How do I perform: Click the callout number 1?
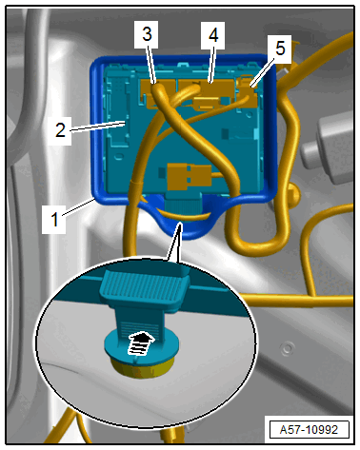tap(54, 219)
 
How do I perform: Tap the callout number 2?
tap(60, 129)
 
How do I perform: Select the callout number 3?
tap(147, 34)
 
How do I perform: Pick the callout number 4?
tap(213, 35)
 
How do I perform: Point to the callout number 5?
tap(280, 49)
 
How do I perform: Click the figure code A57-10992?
tap(309, 430)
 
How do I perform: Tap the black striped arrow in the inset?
tap(140, 342)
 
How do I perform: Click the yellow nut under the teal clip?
tap(143, 368)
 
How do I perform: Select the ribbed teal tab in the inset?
tap(145, 287)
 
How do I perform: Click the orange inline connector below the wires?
tap(190, 175)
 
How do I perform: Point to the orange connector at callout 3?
tap(158, 92)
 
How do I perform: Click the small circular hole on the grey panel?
tap(288, 348)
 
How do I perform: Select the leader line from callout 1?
tap(79, 206)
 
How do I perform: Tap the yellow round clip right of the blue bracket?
tap(293, 194)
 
